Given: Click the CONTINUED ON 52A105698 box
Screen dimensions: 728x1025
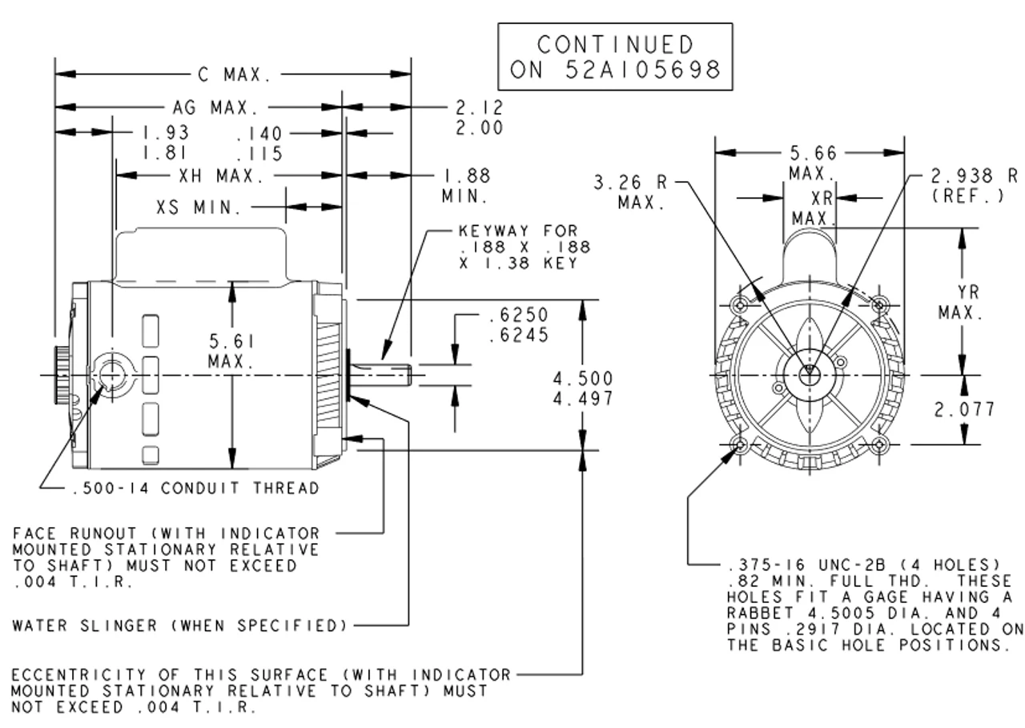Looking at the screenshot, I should point(615,56).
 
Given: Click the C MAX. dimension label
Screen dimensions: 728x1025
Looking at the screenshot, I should point(235,75).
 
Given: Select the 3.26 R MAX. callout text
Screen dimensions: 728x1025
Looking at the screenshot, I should point(630,192).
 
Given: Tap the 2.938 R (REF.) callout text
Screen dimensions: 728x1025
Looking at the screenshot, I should point(974,185).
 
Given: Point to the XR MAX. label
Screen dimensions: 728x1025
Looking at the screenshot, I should point(814,207).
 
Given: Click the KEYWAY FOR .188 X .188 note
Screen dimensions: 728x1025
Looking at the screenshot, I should point(517,247).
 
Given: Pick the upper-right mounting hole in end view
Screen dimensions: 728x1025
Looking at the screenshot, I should point(880,304).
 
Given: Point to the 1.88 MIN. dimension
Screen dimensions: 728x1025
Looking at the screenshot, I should point(466,185).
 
